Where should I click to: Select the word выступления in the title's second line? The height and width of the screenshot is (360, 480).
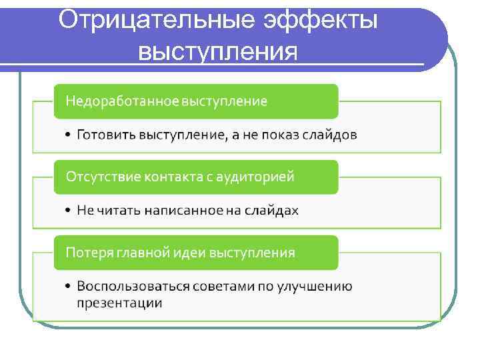pos(217,50)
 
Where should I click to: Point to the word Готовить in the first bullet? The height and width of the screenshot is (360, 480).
pos(106,135)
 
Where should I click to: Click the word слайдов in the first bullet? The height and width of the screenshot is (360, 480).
pos(330,135)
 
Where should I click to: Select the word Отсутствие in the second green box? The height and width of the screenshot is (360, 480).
pos(96,177)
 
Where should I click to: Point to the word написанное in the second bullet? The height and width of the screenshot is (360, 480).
pos(173,211)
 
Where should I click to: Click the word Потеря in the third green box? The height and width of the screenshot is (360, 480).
pos(87,253)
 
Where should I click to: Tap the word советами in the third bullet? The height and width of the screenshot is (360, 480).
pos(220,287)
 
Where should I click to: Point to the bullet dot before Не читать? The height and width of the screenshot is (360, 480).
pos(69,211)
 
